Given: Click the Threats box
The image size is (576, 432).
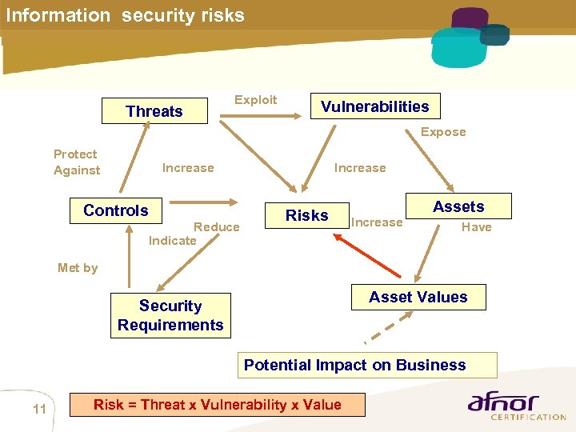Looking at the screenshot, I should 154,111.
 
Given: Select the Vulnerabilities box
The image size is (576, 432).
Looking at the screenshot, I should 374,106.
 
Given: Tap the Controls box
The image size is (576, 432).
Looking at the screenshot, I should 116,210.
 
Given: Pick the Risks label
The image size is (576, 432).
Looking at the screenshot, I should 307,215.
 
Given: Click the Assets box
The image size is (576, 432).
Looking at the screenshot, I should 458,206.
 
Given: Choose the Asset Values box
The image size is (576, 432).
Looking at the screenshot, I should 418,297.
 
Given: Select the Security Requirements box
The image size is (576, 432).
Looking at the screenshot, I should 170,315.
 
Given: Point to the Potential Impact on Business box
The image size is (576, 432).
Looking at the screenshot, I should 354,365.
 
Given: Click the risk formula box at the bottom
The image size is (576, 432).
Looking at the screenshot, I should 218,405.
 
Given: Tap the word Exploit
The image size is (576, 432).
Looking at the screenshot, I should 255,100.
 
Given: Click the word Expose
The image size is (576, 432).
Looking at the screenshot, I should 443,132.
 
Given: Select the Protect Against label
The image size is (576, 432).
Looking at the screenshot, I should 76,162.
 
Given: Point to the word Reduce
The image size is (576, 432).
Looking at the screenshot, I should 217,227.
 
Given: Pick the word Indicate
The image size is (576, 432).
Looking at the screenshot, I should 172,240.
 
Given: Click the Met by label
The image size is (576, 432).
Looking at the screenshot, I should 78,268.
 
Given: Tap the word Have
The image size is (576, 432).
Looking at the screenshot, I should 476,227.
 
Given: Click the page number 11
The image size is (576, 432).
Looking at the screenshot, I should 39,410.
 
